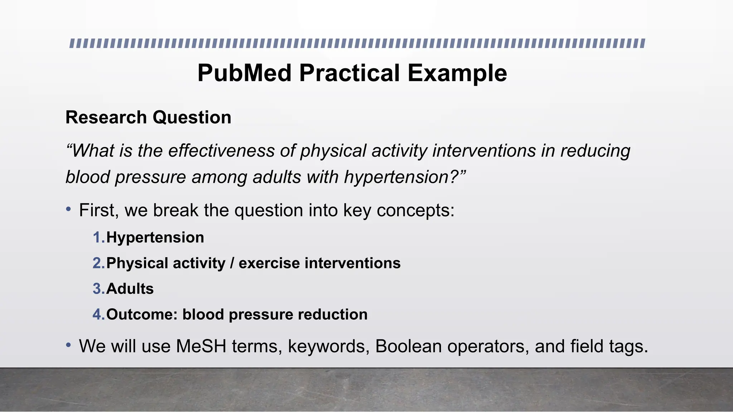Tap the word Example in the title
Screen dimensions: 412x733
[x=457, y=73]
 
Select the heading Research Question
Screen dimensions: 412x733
[x=148, y=118]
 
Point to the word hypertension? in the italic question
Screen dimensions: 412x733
[x=405, y=177]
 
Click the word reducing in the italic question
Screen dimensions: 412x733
[x=595, y=151]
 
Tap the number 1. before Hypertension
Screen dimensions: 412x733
[x=99, y=238]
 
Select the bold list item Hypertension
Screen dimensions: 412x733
[x=155, y=238]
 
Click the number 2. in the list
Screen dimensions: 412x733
[x=99, y=264]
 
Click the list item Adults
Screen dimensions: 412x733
[x=130, y=289]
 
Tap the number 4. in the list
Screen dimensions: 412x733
[x=99, y=315]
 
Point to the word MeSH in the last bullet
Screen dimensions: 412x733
[x=201, y=347]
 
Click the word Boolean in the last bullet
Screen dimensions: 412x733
[x=408, y=347]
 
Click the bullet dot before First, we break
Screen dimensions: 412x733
[x=68, y=210]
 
